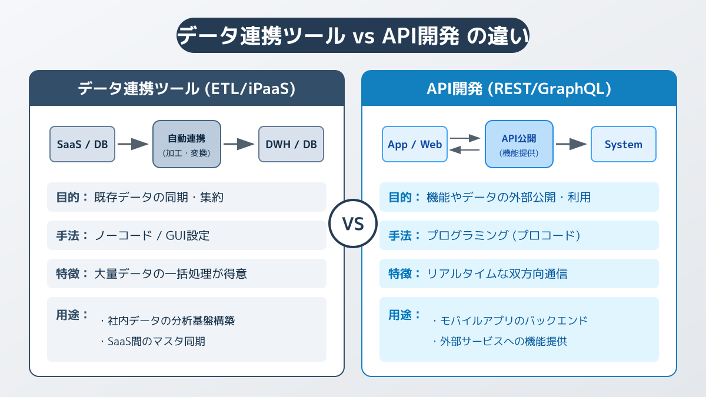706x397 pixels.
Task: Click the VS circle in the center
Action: (352, 223)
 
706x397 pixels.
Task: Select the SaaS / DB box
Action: (82, 144)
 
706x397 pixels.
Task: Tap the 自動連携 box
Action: (187, 144)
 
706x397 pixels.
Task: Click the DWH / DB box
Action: (291, 144)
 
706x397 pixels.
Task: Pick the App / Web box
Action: (414, 144)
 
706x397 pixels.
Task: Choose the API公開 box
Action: (519, 144)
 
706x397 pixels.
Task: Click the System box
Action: (624, 144)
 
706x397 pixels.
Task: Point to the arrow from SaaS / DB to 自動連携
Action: (133, 144)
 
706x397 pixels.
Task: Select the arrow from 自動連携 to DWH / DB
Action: (239, 144)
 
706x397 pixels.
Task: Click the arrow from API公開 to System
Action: (571, 144)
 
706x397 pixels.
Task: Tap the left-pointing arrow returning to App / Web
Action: (465, 150)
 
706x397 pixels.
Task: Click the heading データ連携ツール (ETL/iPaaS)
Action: (187, 89)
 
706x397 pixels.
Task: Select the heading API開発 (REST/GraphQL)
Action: (519, 89)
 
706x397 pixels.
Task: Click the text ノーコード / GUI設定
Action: (152, 235)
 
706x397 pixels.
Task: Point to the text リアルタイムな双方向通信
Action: (497, 273)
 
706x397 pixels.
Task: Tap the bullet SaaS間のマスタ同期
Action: (153, 341)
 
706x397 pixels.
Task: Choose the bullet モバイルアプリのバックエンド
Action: (510, 321)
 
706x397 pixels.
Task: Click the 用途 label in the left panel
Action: (72, 315)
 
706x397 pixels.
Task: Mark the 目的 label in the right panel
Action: (404, 197)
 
